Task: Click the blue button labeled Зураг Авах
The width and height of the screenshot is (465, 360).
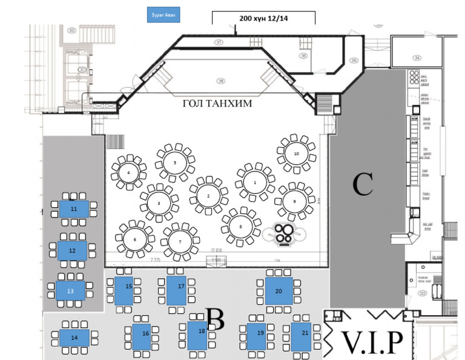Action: point(163,15)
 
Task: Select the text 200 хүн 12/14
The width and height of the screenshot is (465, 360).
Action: point(263,19)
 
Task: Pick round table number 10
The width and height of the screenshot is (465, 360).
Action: point(296,154)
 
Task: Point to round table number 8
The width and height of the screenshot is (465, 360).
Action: point(240,227)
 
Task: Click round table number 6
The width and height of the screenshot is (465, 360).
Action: point(134,239)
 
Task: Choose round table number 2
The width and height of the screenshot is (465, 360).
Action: point(208,196)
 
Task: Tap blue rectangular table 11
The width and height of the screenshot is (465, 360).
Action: point(74,208)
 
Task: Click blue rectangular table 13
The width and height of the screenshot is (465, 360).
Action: point(70,290)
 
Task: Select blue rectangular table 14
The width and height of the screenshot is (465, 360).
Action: point(74,337)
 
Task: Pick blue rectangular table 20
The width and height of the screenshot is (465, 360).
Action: point(279,291)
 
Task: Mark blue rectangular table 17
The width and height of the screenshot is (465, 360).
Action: point(180,290)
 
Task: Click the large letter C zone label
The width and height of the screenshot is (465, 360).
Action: point(363,185)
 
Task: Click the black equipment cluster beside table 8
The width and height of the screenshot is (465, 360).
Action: point(283,233)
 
